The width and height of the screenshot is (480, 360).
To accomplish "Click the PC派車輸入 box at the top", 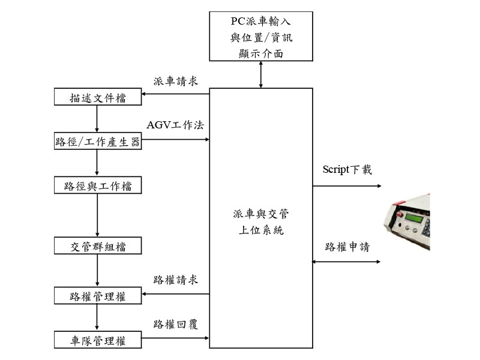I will (x=261, y=37).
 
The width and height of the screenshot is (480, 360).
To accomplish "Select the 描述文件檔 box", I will (x=98, y=97).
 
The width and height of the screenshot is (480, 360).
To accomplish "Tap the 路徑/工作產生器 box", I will (x=98, y=142).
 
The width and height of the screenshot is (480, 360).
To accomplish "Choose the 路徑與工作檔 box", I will (x=98, y=186).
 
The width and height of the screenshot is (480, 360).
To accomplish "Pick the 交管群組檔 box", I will (x=98, y=246).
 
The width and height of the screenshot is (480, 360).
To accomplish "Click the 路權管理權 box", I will (x=98, y=296).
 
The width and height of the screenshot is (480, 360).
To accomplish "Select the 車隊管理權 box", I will (x=98, y=341).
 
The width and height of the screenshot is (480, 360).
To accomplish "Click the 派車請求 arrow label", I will (x=176, y=81).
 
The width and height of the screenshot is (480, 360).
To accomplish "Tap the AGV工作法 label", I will (x=175, y=125).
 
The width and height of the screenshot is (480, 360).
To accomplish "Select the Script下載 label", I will (x=347, y=170).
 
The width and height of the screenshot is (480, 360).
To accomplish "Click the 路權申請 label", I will (x=347, y=247).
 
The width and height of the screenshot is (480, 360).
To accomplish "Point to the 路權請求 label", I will (x=176, y=280).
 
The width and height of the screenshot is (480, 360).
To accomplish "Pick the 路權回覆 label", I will (x=176, y=325).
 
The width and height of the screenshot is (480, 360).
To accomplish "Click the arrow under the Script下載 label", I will (x=347, y=186).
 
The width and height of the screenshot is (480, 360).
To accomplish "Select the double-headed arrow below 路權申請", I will (x=347, y=262).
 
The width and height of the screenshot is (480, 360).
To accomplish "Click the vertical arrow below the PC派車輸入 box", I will (x=261, y=74).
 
